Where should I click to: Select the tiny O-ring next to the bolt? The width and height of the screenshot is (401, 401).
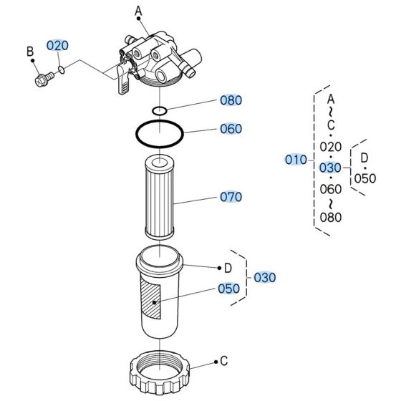[63, 69]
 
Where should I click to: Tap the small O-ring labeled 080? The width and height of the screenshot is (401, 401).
[160, 111]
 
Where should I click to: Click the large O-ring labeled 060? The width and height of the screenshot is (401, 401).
[160, 134]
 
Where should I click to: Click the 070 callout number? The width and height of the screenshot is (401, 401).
[231, 196]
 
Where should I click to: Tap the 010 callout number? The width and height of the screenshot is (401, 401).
[295, 160]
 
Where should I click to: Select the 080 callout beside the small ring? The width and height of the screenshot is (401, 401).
[231, 100]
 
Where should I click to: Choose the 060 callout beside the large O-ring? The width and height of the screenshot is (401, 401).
[231, 129]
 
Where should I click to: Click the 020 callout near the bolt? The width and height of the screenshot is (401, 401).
[57, 44]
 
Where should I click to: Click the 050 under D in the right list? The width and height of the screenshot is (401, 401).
[364, 178]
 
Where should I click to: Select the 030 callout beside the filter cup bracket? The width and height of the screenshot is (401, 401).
[264, 277]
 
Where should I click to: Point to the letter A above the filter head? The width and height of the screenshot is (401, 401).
[137, 10]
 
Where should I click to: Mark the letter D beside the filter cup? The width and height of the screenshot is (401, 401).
[228, 268]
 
